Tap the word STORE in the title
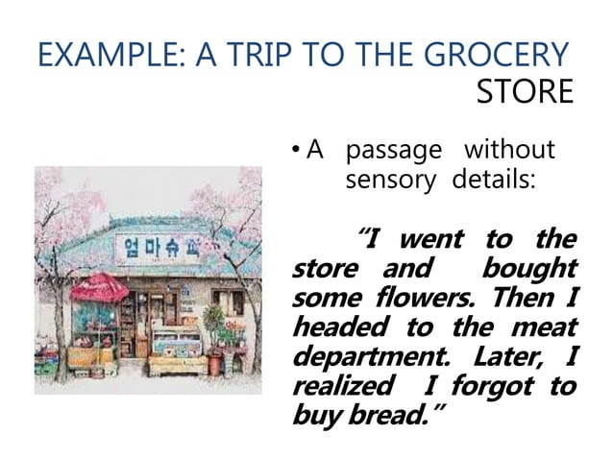tap(524, 93)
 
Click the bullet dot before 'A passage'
tap(295, 151)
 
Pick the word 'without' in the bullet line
tap(509, 151)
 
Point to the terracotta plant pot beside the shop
tap(215, 361)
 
